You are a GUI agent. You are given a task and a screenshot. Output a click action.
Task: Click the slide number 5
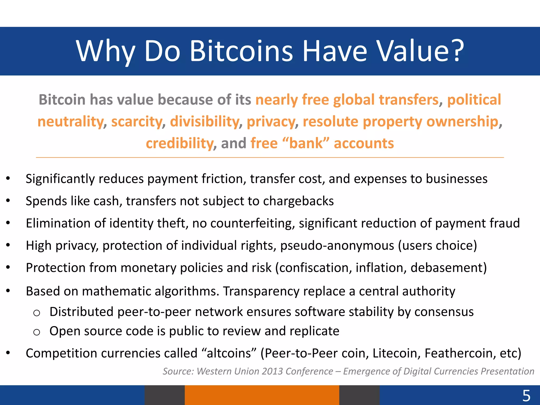coord(526,396)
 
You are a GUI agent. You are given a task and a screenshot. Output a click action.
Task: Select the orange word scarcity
coord(137,122)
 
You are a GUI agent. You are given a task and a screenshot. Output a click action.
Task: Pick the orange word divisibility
coord(204,122)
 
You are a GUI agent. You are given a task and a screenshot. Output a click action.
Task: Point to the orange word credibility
coord(180,144)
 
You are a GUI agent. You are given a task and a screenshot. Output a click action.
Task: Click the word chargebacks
coord(298,201)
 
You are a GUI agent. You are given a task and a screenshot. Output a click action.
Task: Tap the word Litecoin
coord(397,353)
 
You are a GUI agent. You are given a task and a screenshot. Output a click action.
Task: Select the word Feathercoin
coord(458,353)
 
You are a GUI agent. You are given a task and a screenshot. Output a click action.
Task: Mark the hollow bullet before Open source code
coord(37,332)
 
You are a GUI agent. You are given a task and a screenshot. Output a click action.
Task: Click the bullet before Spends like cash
coord(8,201)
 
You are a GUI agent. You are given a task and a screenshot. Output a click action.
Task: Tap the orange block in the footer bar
coord(262,395)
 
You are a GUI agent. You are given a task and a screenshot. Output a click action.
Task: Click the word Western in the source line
coord(214,371)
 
